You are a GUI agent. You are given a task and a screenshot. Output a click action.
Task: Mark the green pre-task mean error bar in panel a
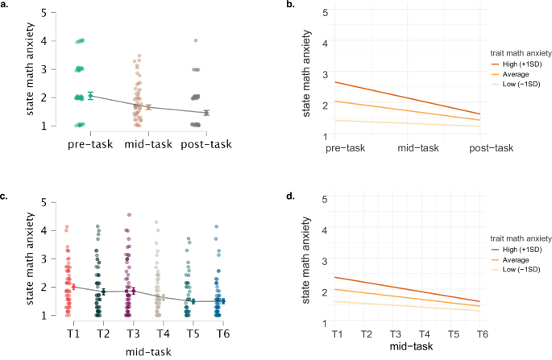tap(90, 95)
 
